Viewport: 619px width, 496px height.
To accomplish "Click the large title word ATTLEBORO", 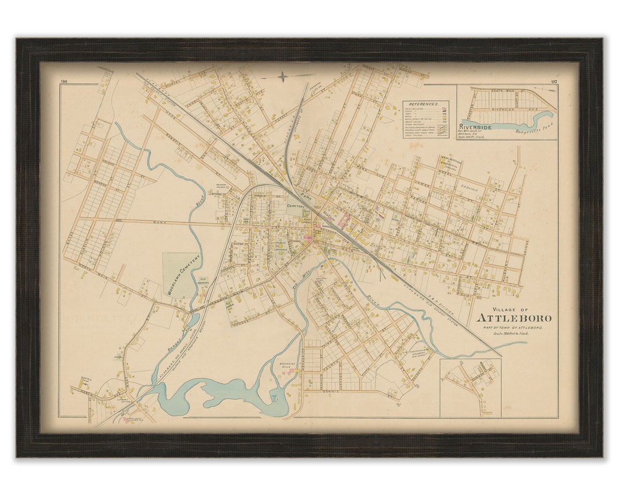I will [514, 318].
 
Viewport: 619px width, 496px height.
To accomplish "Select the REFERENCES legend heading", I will [425, 104].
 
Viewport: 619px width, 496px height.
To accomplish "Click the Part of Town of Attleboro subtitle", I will [506, 327].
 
